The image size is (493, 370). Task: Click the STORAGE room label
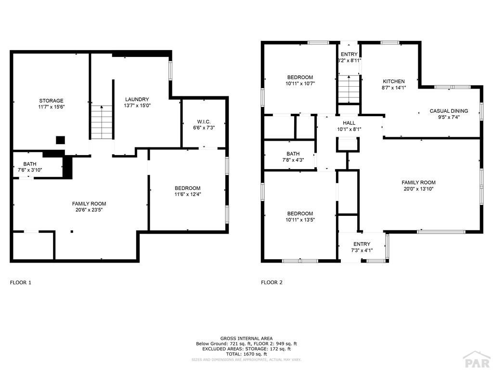point(51,101)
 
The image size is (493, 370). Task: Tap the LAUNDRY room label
point(137,99)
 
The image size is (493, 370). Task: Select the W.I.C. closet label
point(204,122)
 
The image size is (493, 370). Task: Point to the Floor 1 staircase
point(102,122)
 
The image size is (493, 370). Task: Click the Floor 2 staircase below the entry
point(349,89)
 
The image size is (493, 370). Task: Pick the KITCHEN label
point(394,81)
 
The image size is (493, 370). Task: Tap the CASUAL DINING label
point(449,111)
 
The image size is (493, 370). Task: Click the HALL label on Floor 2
point(349,123)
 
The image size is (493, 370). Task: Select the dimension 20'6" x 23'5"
point(89,210)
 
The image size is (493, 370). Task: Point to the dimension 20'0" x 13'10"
point(418,189)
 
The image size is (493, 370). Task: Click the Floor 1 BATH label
point(29,164)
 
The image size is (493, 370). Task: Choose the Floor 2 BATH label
point(293,154)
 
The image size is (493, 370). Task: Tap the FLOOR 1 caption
point(21,282)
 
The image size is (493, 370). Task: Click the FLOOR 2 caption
point(272,282)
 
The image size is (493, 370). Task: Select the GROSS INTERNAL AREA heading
point(246,339)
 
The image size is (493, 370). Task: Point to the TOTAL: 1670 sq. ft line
point(246,354)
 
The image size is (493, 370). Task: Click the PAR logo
point(477,360)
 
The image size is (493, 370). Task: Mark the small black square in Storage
point(60,140)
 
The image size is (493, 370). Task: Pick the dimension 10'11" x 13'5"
point(300,220)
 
